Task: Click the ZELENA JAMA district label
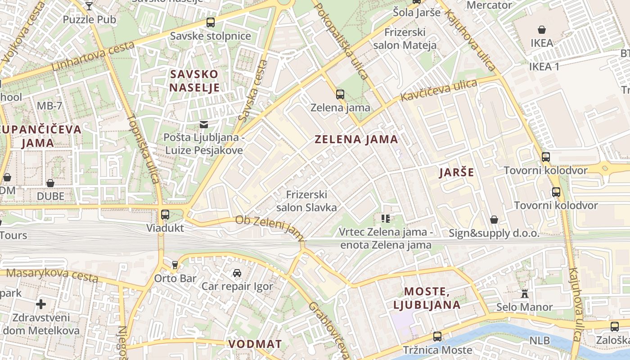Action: coord(356,139)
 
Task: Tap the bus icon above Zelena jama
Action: coord(340,94)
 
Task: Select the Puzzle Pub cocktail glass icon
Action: coord(89,6)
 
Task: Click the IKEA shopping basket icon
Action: coord(542,30)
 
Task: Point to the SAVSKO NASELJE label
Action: coord(194,81)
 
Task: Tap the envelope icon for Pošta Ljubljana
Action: coord(204,124)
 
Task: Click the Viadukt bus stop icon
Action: coord(165,215)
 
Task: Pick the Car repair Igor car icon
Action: coord(237,273)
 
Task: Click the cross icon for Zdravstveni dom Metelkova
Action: coord(41,304)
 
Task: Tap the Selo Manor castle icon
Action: coord(524,294)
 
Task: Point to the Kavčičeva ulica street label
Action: coord(439,90)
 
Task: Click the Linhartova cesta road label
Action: coord(93,56)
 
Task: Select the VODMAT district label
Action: coord(255,344)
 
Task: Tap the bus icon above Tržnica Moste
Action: coord(437,336)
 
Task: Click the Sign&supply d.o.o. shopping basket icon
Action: coord(494,220)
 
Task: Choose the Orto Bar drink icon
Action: coord(175,265)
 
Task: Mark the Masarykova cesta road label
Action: coord(52,274)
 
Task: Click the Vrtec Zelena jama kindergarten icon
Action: coord(386,219)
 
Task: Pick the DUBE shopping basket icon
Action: coord(50,183)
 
